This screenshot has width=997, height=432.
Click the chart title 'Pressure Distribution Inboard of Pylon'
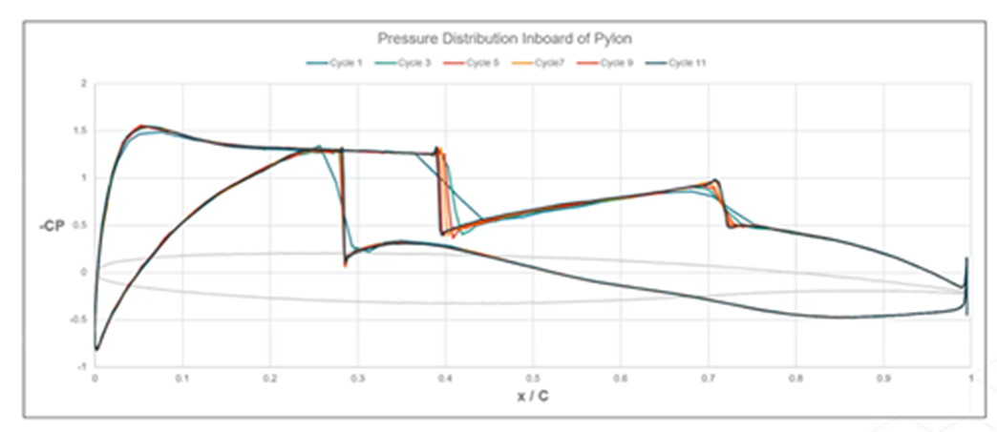pyautogui.click(x=505, y=38)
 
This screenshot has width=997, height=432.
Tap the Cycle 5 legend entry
pyautogui.click(x=474, y=63)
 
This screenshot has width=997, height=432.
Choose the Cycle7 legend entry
pyautogui.click(x=542, y=63)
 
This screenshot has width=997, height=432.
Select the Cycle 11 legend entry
pyautogui.click(x=684, y=63)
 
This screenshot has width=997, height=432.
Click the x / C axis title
pyautogui.click(x=531, y=396)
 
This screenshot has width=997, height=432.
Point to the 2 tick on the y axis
pyautogui.click(x=84, y=85)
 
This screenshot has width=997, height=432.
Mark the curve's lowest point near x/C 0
pyautogui.click(x=96, y=349)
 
